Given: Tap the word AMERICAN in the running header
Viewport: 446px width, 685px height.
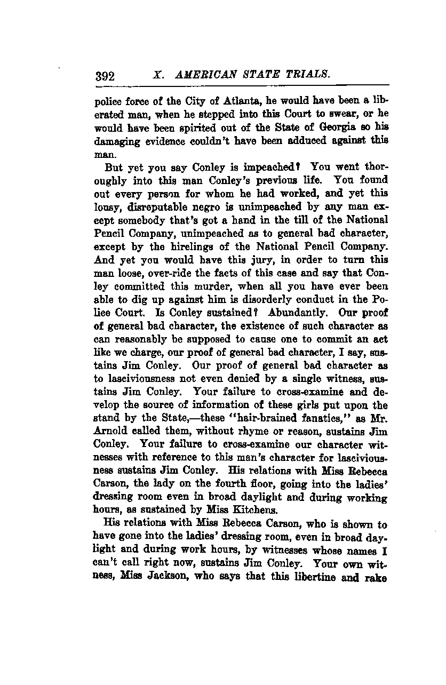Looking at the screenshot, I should [x=206, y=75].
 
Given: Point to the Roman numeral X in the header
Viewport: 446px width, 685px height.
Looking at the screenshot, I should [x=157, y=75].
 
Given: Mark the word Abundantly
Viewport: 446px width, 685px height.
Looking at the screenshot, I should [x=294, y=312].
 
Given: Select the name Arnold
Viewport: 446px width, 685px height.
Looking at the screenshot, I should [x=110, y=431].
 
